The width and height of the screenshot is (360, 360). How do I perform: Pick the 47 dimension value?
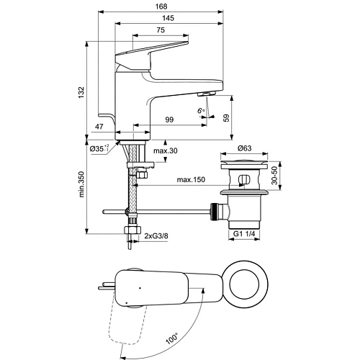coord(99,127)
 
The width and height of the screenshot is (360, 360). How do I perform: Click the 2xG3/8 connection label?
coord(157,235)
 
